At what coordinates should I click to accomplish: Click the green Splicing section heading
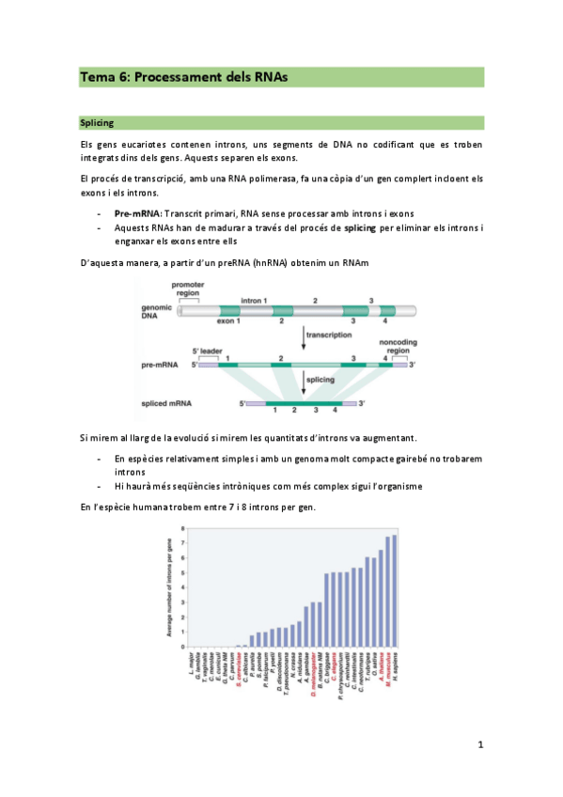pos(99,123)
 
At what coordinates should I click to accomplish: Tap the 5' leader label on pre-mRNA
pos(208,351)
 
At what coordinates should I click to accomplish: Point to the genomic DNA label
pos(156,312)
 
